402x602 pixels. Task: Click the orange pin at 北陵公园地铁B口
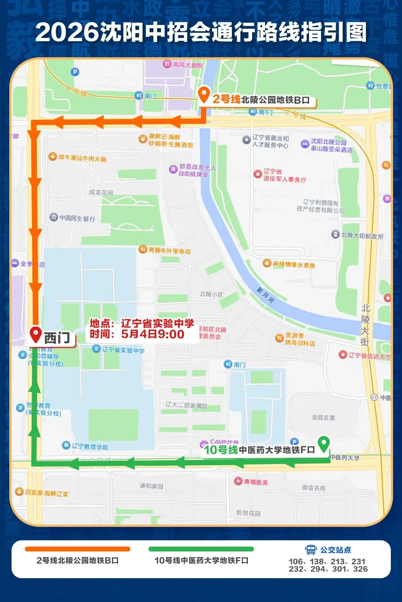point(204,94)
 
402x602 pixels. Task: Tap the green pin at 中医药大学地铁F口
point(324,443)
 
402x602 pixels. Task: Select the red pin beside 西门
point(36,334)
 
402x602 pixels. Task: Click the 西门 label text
point(57,338)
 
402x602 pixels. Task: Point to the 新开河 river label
point(265,295)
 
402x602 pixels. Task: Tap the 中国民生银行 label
point(77,218)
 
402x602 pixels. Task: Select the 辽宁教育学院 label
point(90,446)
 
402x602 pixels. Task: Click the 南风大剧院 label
point(187,65)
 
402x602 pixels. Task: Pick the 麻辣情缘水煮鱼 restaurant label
point(294,264)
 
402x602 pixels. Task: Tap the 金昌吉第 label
point(323,418)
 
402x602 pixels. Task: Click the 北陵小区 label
point(211,294)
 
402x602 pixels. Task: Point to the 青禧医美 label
point(256,482)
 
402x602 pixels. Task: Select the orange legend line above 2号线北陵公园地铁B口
point(77,549)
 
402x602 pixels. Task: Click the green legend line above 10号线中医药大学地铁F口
point(201,549)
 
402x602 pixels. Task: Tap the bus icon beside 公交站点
point(310,550)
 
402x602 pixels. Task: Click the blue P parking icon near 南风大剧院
point(75,72)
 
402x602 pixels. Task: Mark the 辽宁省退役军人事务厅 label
point(284,175)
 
